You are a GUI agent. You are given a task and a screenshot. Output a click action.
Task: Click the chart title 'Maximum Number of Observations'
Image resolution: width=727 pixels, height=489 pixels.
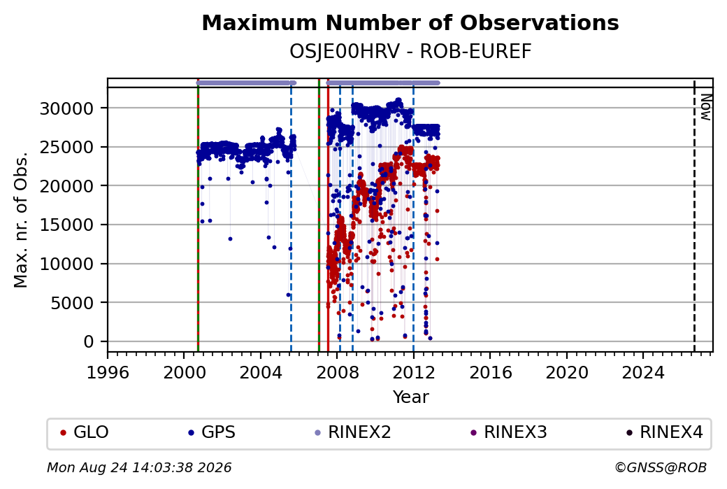point(410,22)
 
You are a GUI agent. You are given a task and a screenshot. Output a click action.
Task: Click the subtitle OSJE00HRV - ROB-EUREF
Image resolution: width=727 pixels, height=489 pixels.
point(410,52)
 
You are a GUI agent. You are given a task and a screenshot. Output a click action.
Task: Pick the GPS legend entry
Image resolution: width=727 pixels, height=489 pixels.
point(211,432)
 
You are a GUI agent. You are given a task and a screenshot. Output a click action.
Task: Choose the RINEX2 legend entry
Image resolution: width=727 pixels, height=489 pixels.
point(353,432)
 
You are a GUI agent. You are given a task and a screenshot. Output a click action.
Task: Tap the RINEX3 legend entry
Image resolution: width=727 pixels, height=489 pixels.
point(509,432)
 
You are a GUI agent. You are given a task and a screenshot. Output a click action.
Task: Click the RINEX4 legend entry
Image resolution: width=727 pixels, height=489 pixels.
point(664,432)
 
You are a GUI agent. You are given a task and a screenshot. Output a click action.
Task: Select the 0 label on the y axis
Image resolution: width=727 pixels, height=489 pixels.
point(89,342)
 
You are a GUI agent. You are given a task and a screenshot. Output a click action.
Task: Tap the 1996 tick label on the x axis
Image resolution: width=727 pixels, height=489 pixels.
point(108,372)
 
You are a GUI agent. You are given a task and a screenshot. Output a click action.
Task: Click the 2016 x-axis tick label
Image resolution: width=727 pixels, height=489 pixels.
point(490,372)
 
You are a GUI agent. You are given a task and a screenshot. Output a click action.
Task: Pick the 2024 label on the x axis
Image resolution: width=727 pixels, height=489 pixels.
point(643,372)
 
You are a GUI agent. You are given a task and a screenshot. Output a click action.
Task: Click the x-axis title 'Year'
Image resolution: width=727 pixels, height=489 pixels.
point(410,397)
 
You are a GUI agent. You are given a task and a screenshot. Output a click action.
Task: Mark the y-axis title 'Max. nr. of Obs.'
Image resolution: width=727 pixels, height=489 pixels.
point(20,220)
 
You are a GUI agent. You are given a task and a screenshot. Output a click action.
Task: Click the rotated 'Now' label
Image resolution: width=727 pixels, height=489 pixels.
point(705,107)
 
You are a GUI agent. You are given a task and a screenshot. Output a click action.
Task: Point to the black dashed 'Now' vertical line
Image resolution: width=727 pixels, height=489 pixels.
point(694,215)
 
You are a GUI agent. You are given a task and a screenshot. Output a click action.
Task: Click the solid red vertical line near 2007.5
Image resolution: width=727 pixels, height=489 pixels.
point(328,215)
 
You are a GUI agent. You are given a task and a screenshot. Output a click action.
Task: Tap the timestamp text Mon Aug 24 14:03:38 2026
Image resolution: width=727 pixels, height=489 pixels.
point(139,467)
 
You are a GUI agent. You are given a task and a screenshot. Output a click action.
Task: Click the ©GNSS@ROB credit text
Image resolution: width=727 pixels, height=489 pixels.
point(661,467)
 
